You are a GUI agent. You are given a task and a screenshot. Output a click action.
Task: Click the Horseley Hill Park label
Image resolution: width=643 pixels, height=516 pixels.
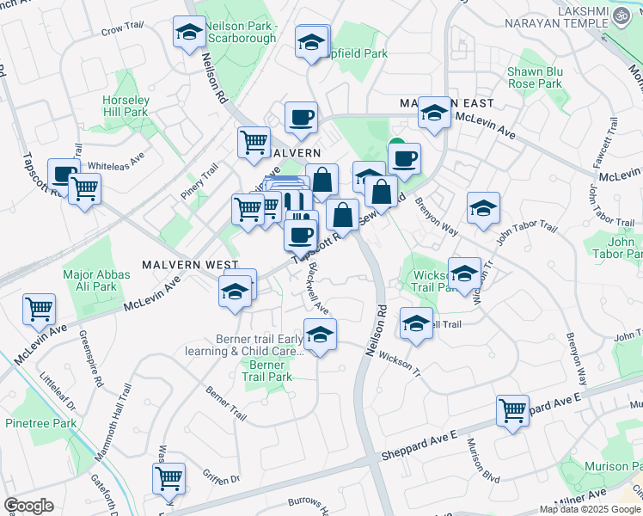(126, 106)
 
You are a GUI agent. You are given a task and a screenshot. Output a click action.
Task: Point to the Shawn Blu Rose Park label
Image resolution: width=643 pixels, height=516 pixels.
(534, 78)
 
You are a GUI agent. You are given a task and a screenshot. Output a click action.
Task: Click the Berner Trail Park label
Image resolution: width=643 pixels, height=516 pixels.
(266, 372)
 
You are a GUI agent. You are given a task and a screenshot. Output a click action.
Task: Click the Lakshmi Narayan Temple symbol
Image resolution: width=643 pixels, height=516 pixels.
(619, 16)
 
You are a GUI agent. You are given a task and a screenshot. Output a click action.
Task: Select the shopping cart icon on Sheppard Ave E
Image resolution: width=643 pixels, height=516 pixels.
(513, 410)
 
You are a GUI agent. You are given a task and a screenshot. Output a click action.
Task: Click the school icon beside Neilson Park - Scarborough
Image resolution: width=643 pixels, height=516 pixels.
(188, 34)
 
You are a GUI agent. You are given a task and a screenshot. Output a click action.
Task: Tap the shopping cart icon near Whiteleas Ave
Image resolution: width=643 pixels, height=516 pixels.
(84, 188)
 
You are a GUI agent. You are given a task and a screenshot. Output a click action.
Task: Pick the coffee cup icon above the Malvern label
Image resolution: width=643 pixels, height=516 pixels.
(300, 117)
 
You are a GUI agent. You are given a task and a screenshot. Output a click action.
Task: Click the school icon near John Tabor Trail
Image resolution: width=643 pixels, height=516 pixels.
(483, 208)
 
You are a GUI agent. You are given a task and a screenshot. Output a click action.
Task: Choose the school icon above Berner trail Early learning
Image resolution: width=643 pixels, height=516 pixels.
(320, 335)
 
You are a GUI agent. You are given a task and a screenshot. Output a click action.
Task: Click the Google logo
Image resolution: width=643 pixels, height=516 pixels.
(28, 506)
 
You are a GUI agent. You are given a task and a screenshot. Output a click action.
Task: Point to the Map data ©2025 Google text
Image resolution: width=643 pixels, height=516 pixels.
(590, 509)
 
